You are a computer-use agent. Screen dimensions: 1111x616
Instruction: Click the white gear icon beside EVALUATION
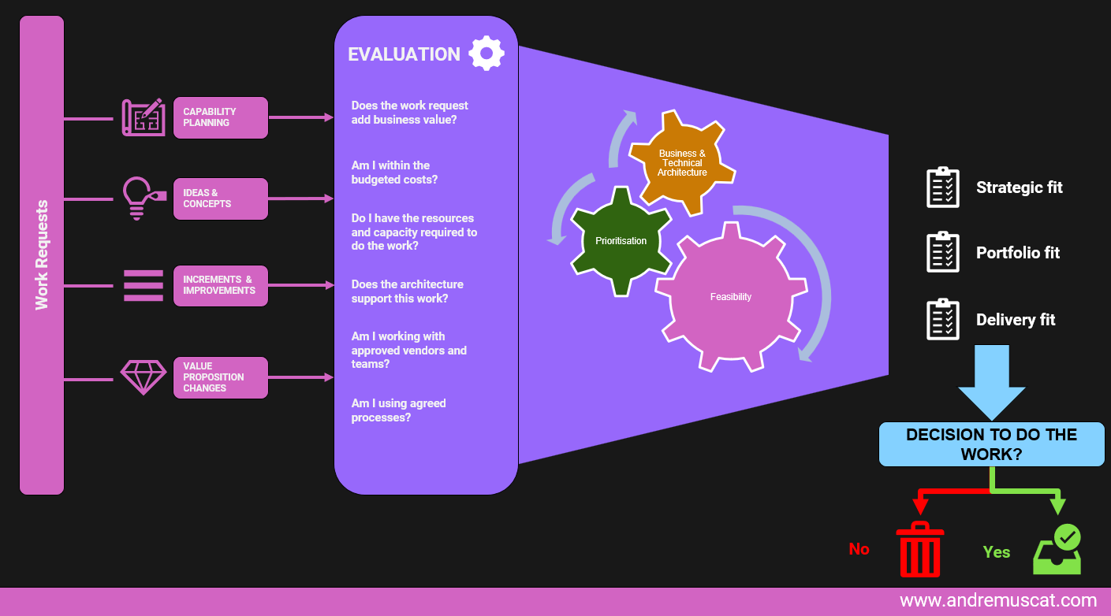click(487, 53)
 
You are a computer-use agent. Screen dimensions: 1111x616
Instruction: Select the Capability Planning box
click(221, 117)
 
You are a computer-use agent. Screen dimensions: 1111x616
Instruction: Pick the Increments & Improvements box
click(221, 286)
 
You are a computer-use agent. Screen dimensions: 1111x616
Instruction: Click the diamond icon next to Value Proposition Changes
click(144, 377)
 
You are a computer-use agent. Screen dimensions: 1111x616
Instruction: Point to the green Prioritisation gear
click(621, 241)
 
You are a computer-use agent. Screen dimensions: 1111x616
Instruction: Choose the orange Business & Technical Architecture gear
click(682, 162)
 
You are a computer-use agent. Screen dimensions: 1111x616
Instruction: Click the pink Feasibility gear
click(731, 297)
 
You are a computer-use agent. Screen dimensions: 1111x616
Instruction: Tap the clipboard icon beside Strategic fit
click(943, 187)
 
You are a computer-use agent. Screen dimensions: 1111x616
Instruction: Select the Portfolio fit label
click(1018, 253)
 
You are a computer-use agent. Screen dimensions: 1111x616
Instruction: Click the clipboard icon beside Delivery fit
click(943, 319)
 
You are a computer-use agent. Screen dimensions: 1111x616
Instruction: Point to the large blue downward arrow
click(991, 382)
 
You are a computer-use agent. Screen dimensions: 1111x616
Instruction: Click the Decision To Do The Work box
click(991, 444)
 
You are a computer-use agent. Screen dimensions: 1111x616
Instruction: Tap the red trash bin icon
click(920, 549)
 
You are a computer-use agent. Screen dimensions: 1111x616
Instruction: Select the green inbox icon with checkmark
click(1057, 550)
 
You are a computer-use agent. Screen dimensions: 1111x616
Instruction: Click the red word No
click(859, 549)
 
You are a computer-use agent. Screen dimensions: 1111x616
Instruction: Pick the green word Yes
click(997, 552)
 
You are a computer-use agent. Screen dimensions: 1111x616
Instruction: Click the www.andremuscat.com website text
click(998, 600)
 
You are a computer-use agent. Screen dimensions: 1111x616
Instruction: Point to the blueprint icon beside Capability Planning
click(144, 117)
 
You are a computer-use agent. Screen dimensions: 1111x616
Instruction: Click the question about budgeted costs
click(394, 173)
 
